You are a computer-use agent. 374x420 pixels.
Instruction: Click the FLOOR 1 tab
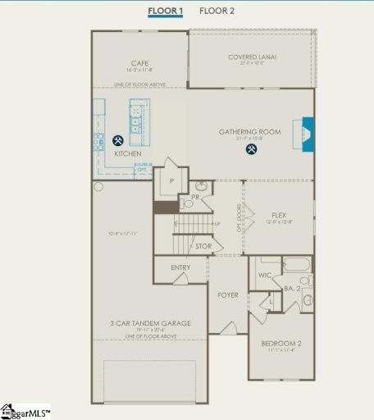166,11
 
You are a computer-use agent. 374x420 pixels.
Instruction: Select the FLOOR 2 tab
217,11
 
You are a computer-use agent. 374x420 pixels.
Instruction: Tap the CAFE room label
138,63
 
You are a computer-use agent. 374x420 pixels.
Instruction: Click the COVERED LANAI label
252,57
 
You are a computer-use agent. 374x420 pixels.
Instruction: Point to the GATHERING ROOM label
249,131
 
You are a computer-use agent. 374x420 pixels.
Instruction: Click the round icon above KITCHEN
118,140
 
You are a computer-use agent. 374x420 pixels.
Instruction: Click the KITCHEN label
127,153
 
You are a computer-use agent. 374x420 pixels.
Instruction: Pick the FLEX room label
279,215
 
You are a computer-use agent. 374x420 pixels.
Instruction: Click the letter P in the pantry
172,180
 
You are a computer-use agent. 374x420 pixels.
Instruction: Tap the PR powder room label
196,197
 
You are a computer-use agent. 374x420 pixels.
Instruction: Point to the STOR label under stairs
203,245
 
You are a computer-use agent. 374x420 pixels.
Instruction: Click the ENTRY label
180,267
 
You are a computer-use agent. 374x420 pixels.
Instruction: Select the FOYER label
227,294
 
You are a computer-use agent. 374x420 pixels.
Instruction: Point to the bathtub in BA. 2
295,265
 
